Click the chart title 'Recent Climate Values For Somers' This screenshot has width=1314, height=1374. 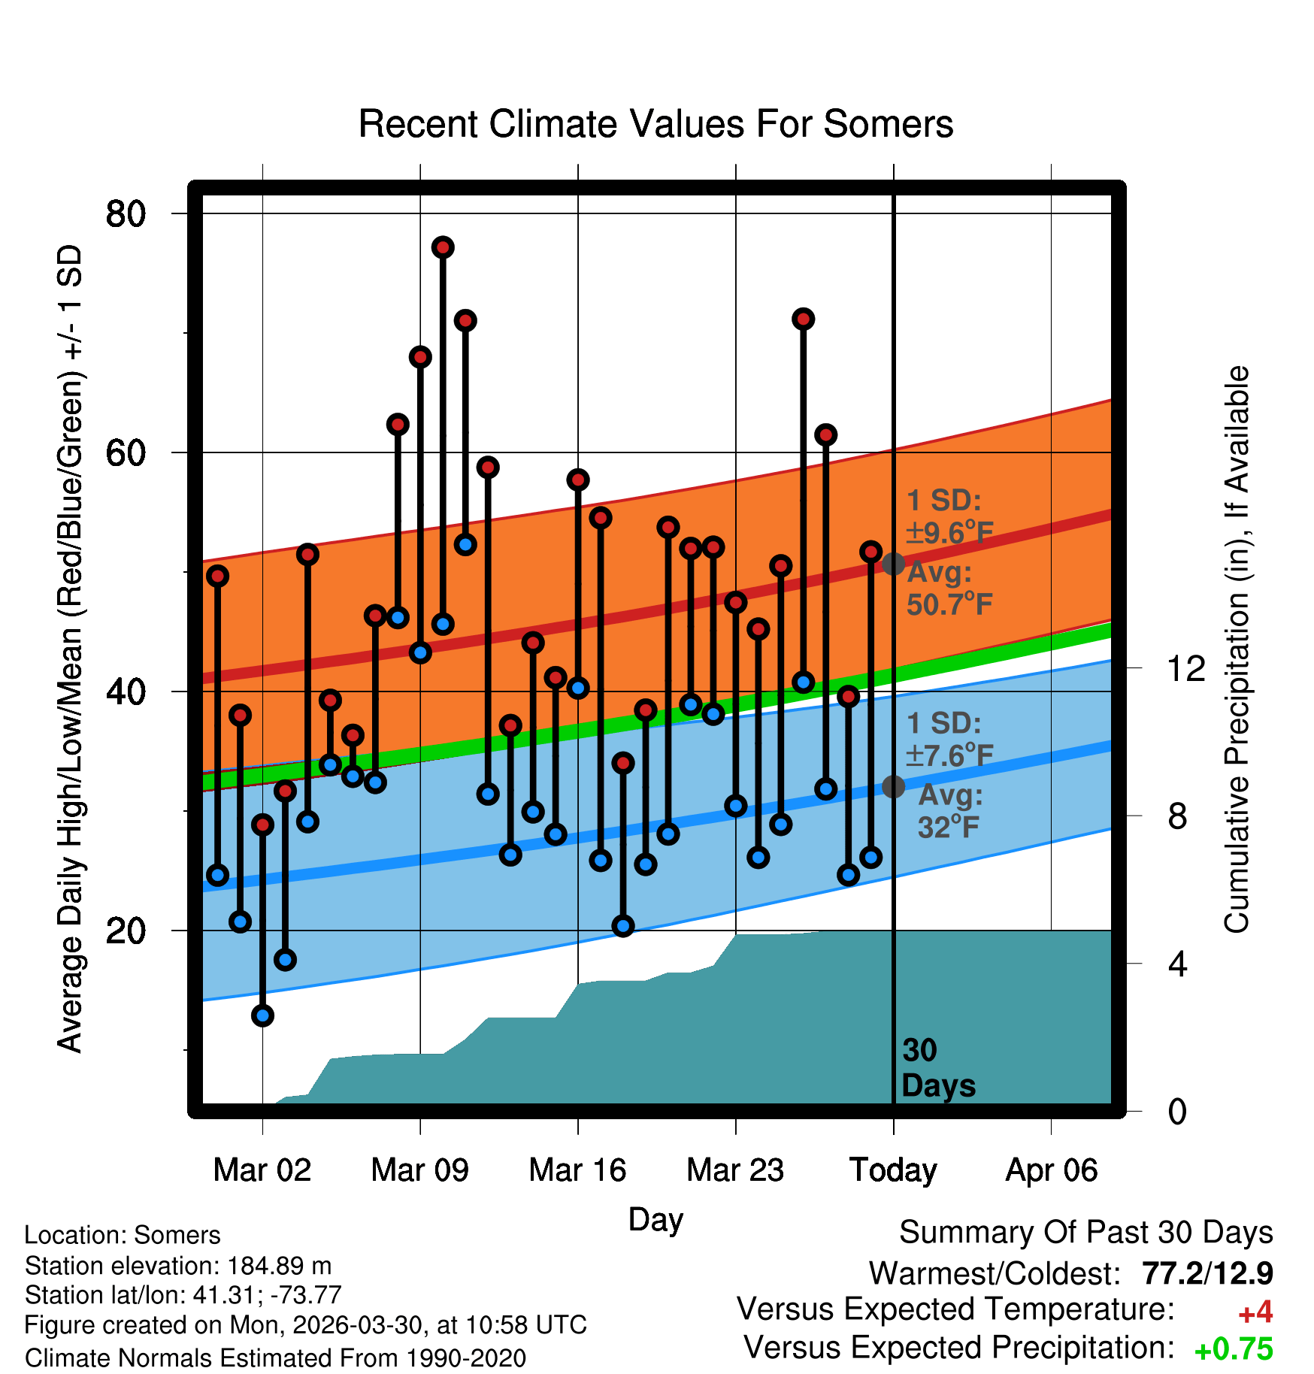655,124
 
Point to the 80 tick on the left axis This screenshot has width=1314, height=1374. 126,214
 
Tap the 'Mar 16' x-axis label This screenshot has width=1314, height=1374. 577,1170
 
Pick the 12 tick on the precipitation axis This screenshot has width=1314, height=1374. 1186,668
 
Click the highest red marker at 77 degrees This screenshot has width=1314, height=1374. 443,247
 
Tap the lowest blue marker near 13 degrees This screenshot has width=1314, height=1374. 262,1015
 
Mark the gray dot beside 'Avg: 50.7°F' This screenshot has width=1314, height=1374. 893,563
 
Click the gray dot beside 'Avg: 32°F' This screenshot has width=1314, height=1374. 893,786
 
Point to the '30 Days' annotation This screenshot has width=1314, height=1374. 938,1068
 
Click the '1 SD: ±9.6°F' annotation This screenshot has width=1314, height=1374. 949,516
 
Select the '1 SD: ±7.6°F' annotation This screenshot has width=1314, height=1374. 949,740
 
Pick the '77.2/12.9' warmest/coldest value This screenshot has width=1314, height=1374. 1207,1273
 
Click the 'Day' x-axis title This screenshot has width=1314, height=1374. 655,1220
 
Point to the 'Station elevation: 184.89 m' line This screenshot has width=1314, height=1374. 178,1267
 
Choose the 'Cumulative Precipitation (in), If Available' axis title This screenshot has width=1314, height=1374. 1237,649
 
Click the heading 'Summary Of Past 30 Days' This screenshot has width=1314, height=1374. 1086,1233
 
